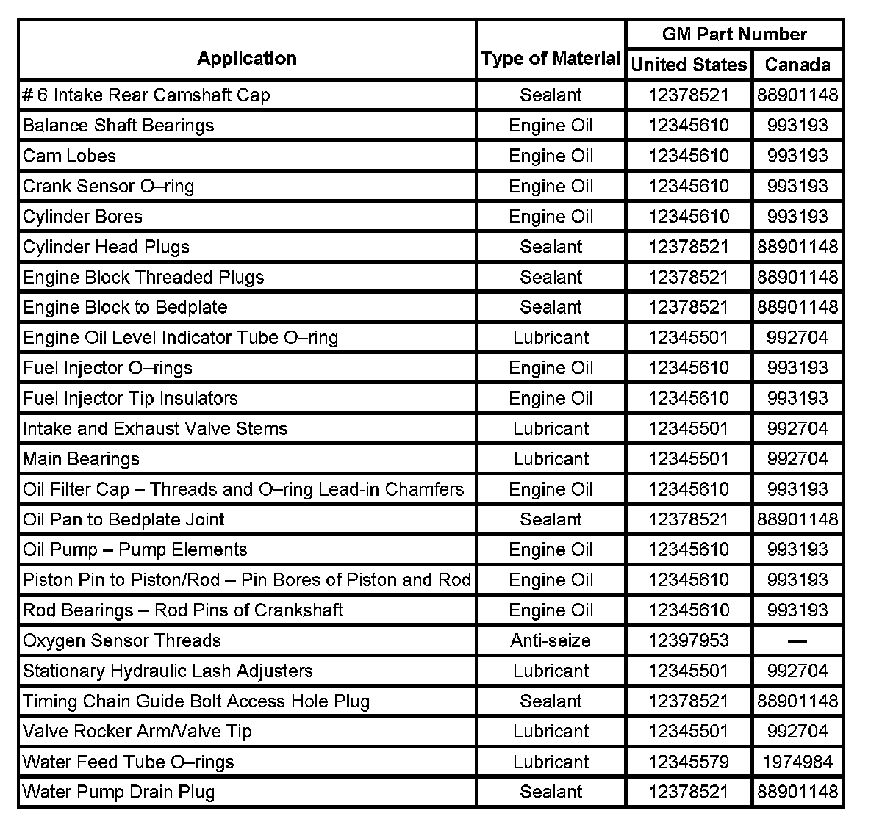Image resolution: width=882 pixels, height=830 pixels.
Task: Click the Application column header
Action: pyautogui.click(x=247, y=59)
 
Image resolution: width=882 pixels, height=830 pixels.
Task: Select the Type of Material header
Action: pyautogui.click(x=551, y=59)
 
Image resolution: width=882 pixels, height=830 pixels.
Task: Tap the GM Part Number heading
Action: pyautogui.click(x=734, y=35)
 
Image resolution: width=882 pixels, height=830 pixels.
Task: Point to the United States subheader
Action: pyautogui.click(x=689, y=65)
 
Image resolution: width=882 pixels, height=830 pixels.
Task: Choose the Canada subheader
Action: pyautogui.click(x=797, y=65)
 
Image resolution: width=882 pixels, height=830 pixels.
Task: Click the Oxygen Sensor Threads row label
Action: pyautogui.click(x=121, y=640)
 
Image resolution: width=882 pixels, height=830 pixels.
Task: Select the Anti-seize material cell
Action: pyautogui.click(x=551, y=640)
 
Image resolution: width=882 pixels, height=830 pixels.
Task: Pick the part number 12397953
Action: pyautogui.click(x=689, y=640)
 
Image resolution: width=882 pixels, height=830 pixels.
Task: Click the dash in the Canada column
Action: pyautogui.click(x=797, y=640)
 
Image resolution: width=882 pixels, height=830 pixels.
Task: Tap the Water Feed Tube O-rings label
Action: pyautogui.click(x=128, y=762)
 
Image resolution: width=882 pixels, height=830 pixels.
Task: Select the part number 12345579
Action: pyautogui.click(x=689, y=762)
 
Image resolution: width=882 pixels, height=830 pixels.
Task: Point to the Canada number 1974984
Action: pyautogui.click(x=797, y=762)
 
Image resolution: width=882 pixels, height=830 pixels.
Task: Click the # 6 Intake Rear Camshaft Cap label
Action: pyautogui.click(x=146, y=95)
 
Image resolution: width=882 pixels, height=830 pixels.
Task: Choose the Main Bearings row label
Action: pyautogui.click(x=81, y=459)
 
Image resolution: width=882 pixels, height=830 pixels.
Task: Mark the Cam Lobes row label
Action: pyautogui.click(x=69, y=156)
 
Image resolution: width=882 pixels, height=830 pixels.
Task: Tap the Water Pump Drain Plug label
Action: pyautogui.click(x=118, y=792)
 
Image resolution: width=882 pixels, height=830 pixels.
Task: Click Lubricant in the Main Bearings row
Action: pyautogui.click(x=551, y=459)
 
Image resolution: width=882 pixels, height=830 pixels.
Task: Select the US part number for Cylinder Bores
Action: pyautogui.click(x=689, y=217)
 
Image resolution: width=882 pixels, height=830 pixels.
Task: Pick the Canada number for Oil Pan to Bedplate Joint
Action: pyautogui.click(x=797, y=519)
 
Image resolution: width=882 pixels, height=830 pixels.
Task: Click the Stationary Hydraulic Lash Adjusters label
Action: pyautogui.click(x=168, y=671)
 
